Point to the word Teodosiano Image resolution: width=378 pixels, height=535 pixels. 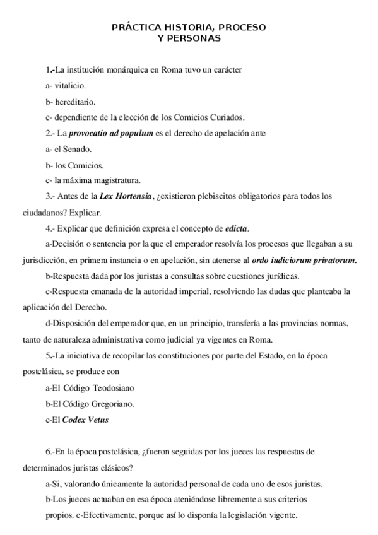(106, 386)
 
